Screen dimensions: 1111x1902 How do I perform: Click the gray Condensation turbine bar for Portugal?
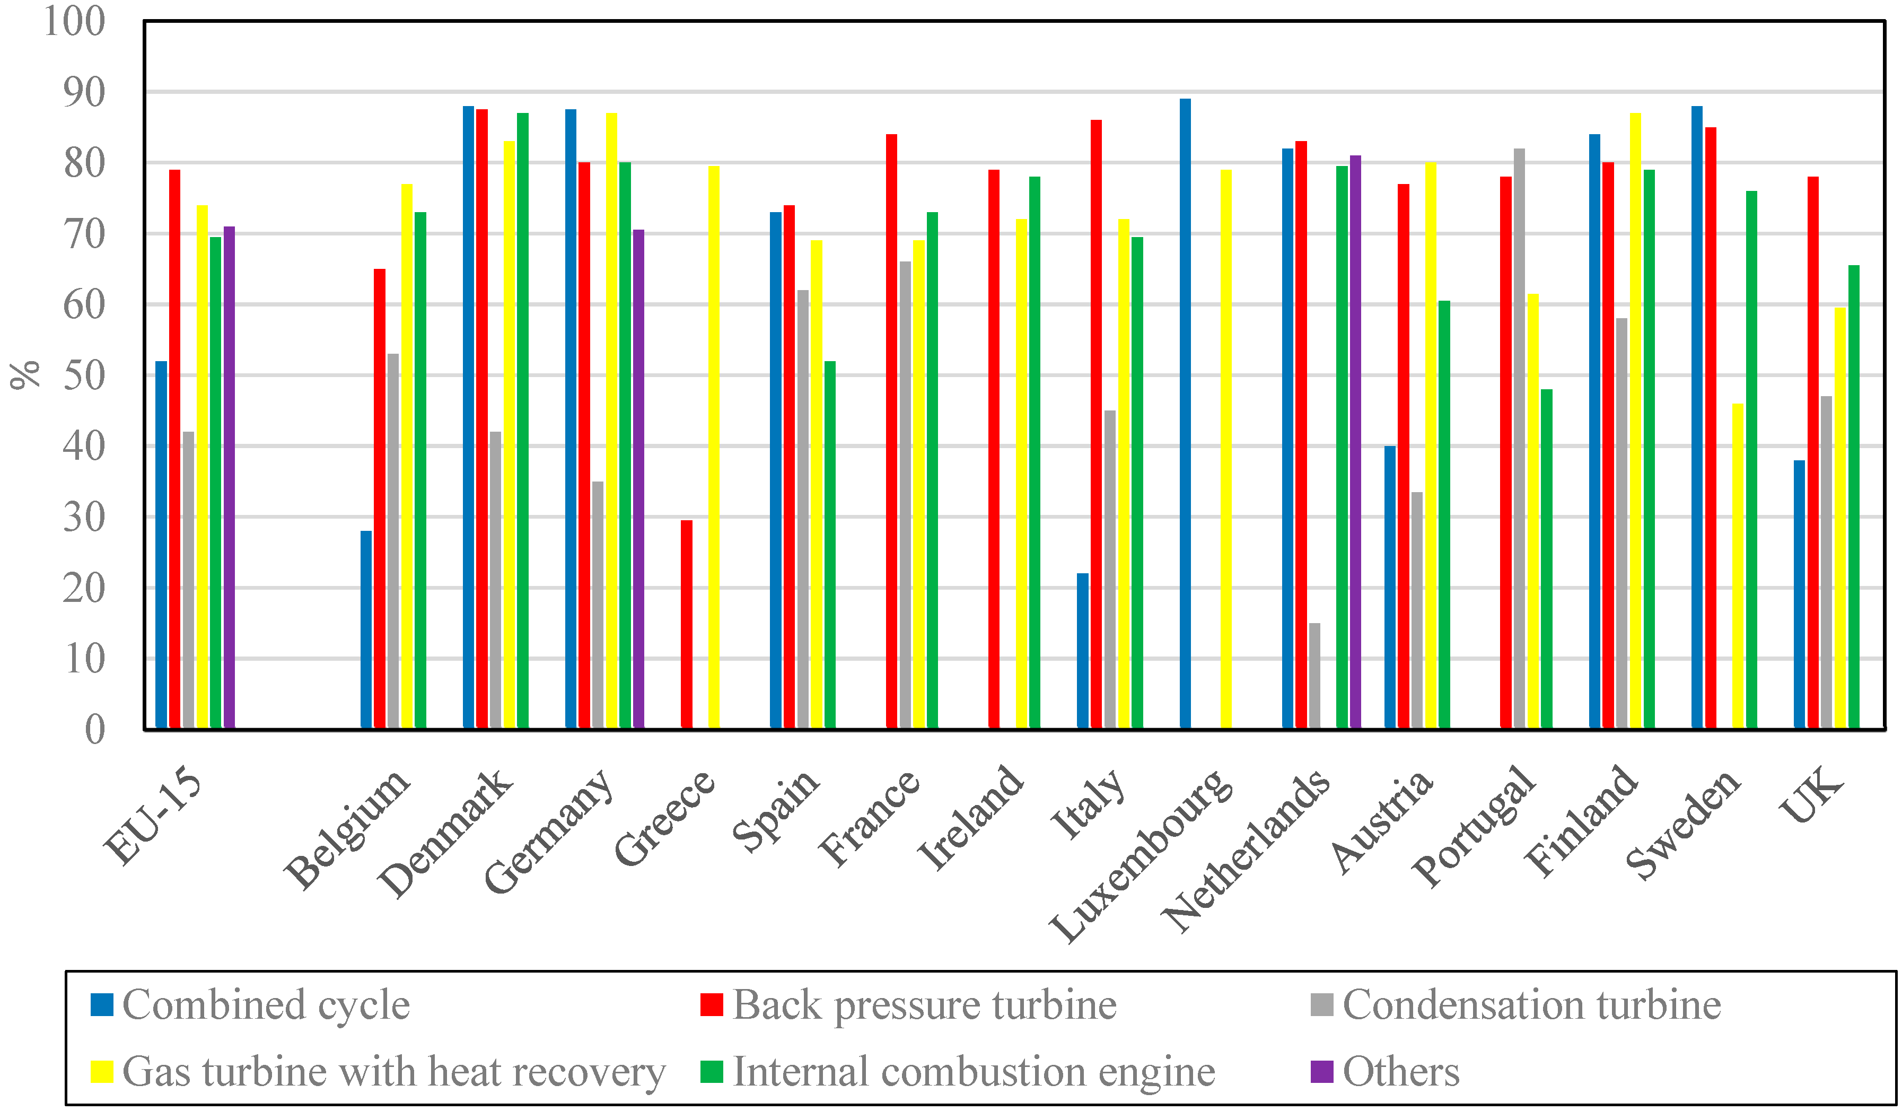tap(1519, 438)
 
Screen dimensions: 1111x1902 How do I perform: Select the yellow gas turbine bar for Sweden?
tap(1738, 566)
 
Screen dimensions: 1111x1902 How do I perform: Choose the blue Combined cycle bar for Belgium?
tap(366, 629)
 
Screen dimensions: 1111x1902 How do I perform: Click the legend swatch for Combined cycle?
tap(102, 1004)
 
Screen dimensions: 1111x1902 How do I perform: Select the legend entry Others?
tap(1400, 1072)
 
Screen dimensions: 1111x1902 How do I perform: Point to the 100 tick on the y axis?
tap(74, 21)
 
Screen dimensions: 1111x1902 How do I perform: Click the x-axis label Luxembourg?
tap(1140, 856)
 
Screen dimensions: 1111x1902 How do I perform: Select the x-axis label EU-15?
tap(155, 819)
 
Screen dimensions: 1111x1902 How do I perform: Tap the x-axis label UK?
tap(1811, 797)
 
